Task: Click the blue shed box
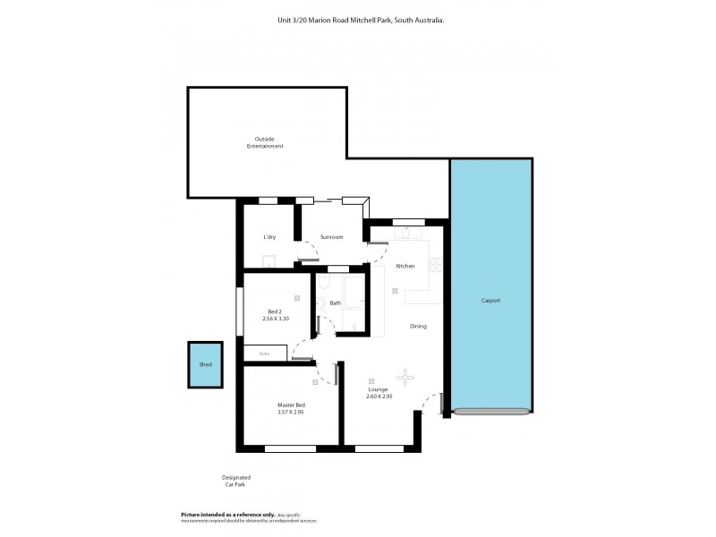point(205,364)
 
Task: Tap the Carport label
point(490,301)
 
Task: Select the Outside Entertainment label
point(265,142)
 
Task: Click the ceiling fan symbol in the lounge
point(406,378)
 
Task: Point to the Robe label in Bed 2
point(264,354)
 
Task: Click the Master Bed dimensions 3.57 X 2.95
point(291,413)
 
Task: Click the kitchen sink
point(411,234)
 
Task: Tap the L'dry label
point(269,237)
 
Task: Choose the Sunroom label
point(331,237)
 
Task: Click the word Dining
point(418,327)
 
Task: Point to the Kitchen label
point(405,266)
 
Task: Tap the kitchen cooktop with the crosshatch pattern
point(436,265)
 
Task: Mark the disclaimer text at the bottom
point(250,517)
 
